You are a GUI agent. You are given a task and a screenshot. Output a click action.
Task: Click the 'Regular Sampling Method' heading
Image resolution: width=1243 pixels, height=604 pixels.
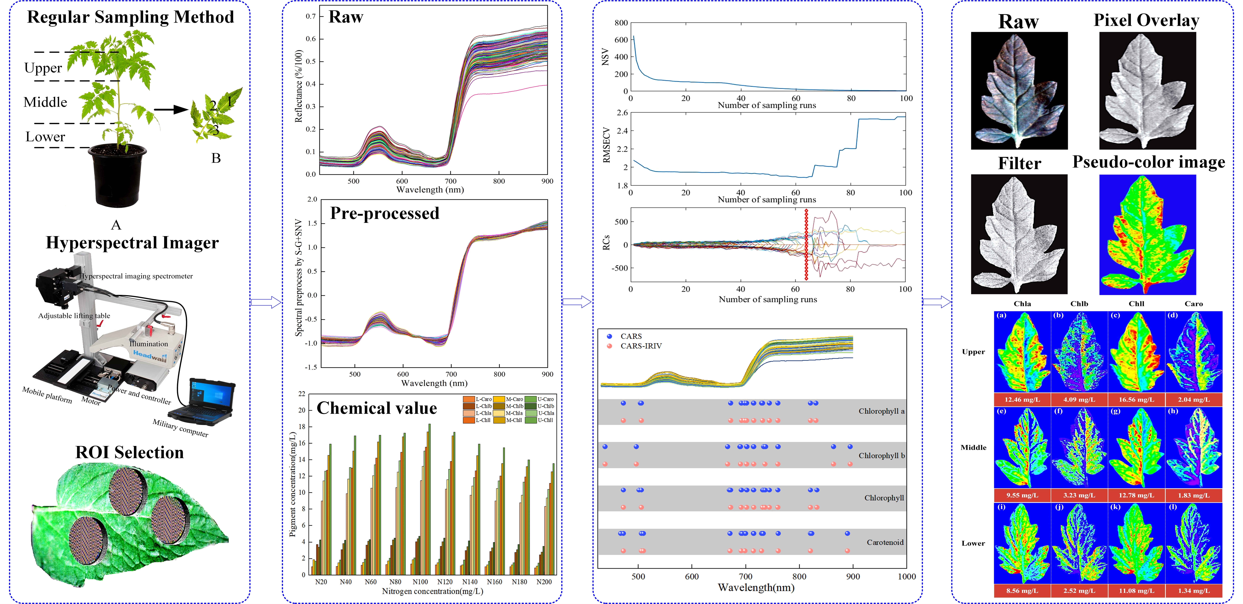click(x=130, y=17)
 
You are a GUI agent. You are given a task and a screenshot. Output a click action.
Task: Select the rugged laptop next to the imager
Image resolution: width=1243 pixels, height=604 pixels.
click(x=205, y=398)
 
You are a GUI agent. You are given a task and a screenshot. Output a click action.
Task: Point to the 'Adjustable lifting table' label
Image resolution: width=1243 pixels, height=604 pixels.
click(x=74, y=316)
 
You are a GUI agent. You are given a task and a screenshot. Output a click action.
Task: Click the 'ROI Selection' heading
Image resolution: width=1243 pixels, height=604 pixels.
click(x=129, y=453)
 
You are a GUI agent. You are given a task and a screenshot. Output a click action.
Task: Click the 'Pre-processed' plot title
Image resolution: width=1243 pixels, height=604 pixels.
click(x=385, y=213)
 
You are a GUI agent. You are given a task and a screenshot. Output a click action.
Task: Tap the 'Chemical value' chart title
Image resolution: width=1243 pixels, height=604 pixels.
click(x=376, y=408)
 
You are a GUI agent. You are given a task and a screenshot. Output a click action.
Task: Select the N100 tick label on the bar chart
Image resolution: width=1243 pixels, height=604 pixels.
click(x=420, y=582)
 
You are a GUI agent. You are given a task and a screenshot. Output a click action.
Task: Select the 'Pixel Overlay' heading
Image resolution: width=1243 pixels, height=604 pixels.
click(x=1146, y=20)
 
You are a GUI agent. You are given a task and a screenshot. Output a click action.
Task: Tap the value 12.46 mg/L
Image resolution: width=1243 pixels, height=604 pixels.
click(x=1022, y=399)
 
